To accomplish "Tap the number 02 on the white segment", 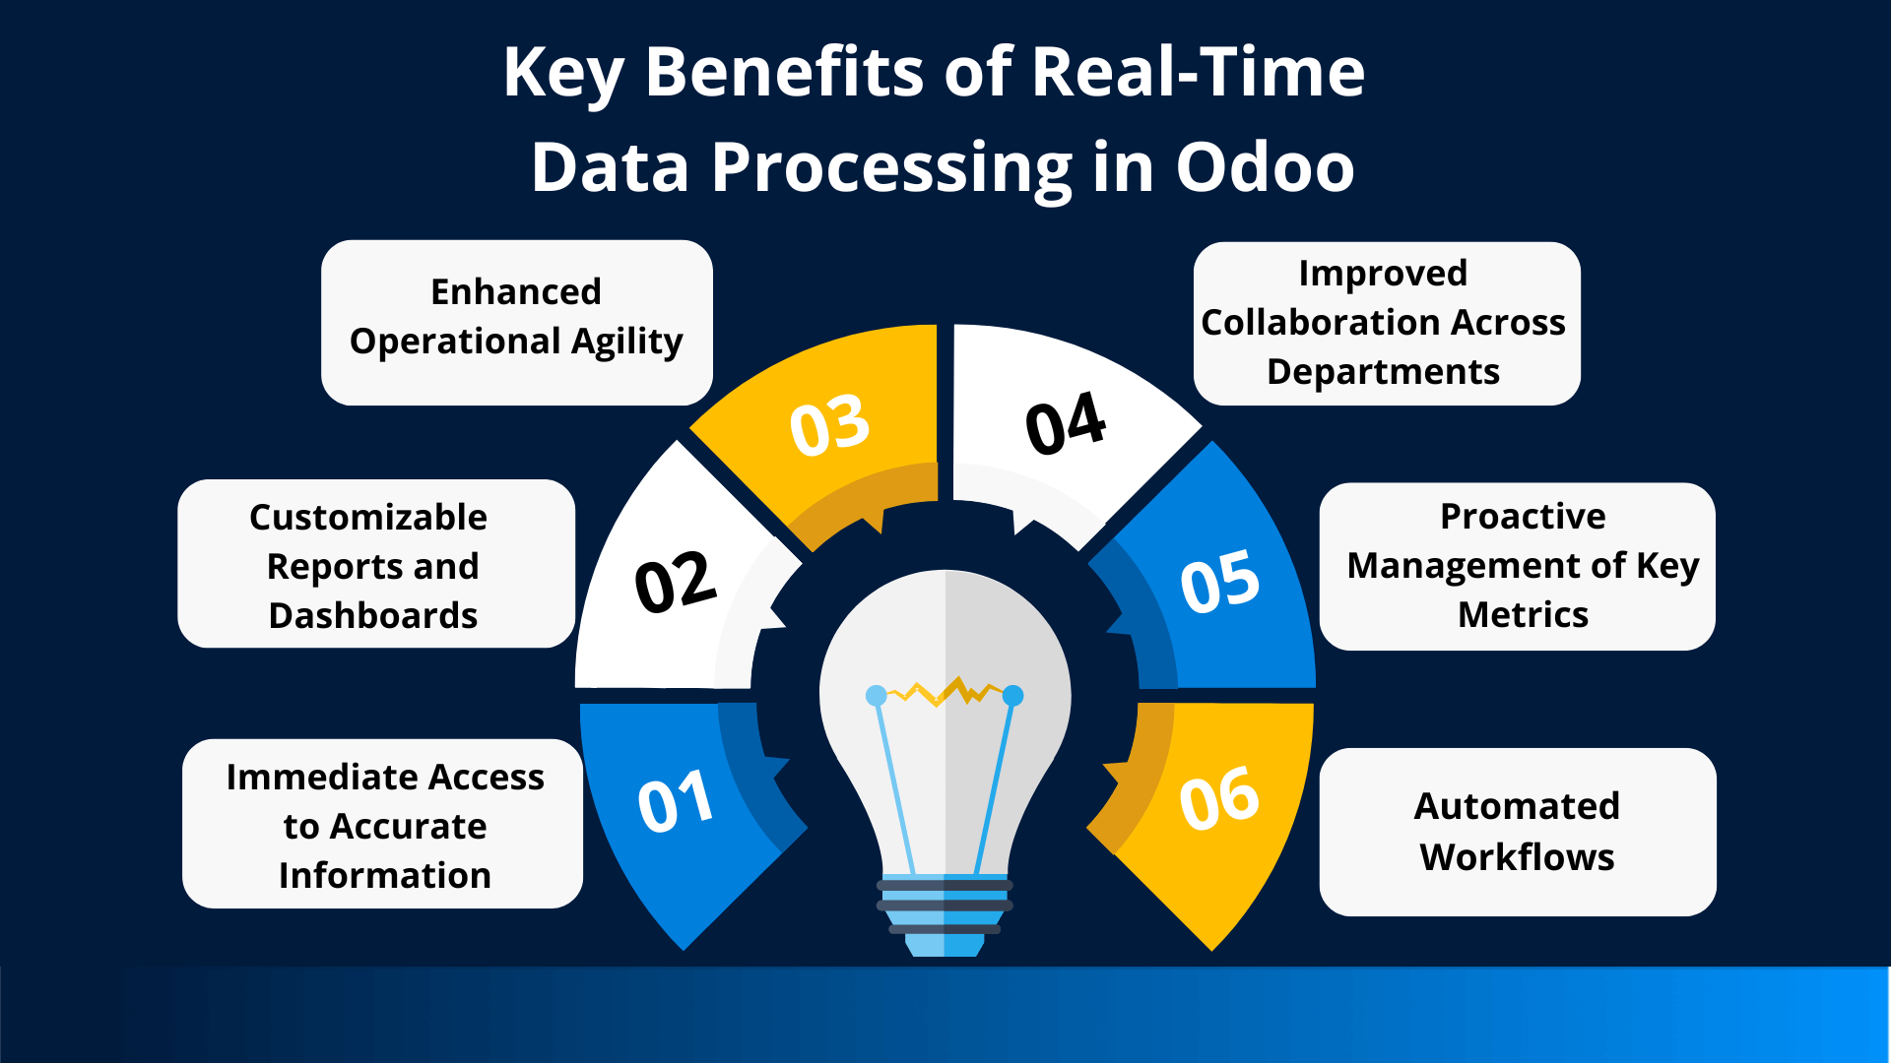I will point(675,582).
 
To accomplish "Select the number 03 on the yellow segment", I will point(830,426).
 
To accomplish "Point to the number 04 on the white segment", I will point(1066,424).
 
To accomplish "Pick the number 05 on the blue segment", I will point(1219,582).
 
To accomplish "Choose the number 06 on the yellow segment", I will point(1219,798).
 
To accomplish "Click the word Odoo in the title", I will point(1265,166).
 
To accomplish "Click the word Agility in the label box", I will point(626,343).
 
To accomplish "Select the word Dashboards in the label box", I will point(373,616).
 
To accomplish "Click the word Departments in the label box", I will point(1383,372).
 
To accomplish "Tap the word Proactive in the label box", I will point(1523,516).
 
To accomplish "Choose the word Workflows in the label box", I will point(1517,857).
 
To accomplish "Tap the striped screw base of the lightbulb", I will point(945,910).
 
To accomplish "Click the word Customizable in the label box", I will point(368,518).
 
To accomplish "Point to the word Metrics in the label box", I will point(1523,615).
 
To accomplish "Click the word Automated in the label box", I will point(1517,806).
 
